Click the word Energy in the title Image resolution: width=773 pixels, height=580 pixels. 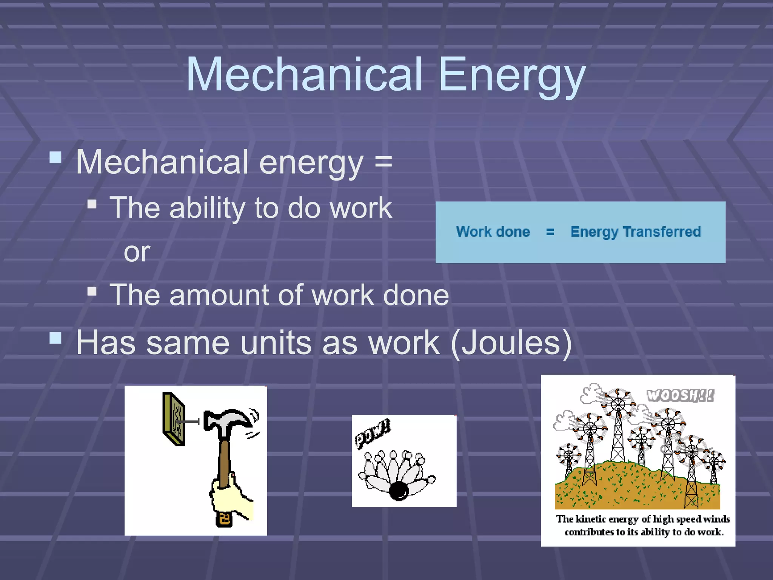click(x=511, y=76)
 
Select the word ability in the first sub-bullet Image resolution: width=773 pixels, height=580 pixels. click(x=207, y=208)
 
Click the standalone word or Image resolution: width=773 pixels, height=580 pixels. click(x=137, y=252)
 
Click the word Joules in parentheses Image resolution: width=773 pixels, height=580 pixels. click(x=511, y=343)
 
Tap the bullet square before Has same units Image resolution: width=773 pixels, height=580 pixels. click(x=55, y=338)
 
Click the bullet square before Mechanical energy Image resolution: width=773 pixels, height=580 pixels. click(x=55, y=157)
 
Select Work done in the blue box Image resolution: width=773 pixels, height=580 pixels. click(x=493, y=232)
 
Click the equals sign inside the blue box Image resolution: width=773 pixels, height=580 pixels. click(x=550, y=232)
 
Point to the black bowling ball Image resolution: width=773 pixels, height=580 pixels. click(x=399, y=491)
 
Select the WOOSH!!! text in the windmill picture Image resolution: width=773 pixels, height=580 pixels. click(x=680, y=396)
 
